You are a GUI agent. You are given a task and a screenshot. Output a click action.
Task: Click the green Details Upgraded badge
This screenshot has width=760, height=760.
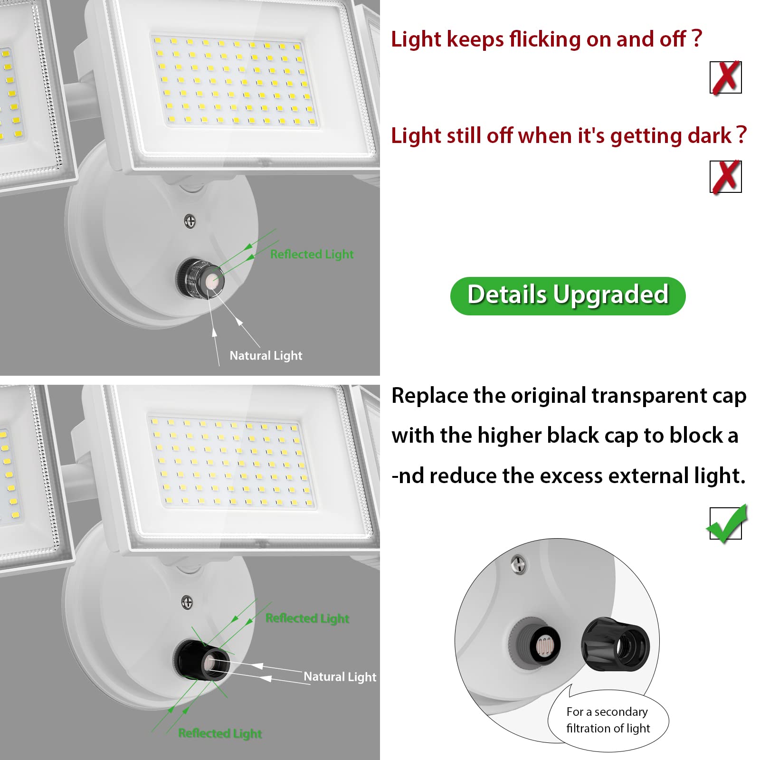[x=568, y=295]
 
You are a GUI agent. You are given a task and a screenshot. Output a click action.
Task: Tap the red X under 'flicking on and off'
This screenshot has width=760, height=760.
[x=725, y=77]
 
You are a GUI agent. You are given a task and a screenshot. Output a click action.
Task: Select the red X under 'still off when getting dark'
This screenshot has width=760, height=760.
[x=725, y=177]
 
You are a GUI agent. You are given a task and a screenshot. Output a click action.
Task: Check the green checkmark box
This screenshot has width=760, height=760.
[x=726, y=524]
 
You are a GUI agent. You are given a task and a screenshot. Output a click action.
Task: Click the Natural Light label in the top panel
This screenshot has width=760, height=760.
[x=266, y=355]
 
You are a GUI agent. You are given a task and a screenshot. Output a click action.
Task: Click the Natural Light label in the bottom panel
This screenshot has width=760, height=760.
[x=340, y=676]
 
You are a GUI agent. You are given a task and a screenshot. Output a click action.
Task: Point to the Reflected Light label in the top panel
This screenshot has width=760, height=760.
[x=312, y=255]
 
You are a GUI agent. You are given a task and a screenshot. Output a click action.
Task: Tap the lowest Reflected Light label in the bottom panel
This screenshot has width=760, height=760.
[x=220, y=733]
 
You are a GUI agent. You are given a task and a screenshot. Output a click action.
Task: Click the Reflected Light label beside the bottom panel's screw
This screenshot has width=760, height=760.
[x=307, y=618]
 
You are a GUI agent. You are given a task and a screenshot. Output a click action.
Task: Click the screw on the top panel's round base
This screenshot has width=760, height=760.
[x=190, y=221]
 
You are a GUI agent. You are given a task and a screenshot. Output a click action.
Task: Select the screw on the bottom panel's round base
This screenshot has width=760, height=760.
[x=188, y=602]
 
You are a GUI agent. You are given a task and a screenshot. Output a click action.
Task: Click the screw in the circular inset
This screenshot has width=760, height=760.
[x=518, y=565]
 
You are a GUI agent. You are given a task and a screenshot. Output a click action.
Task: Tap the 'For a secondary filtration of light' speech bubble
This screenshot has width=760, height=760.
[x=608, y=720]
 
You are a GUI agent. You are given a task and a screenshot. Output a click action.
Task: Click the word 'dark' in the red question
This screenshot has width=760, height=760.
[x=710, y=136]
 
